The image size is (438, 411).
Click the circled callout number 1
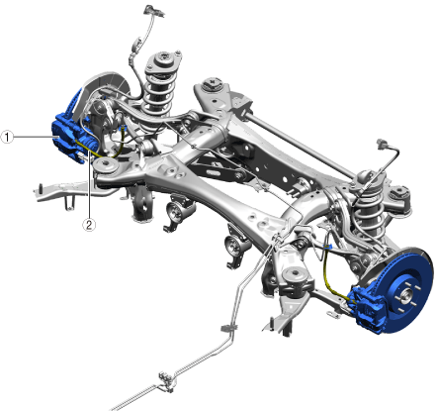[x=7, y=137]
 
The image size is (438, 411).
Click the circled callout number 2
[x=89, y=225]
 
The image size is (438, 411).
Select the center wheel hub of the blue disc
[x=405, y=294]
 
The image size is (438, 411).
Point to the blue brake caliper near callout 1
[x=67, y=137]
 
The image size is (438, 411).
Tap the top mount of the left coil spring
[x=164, y=62]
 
